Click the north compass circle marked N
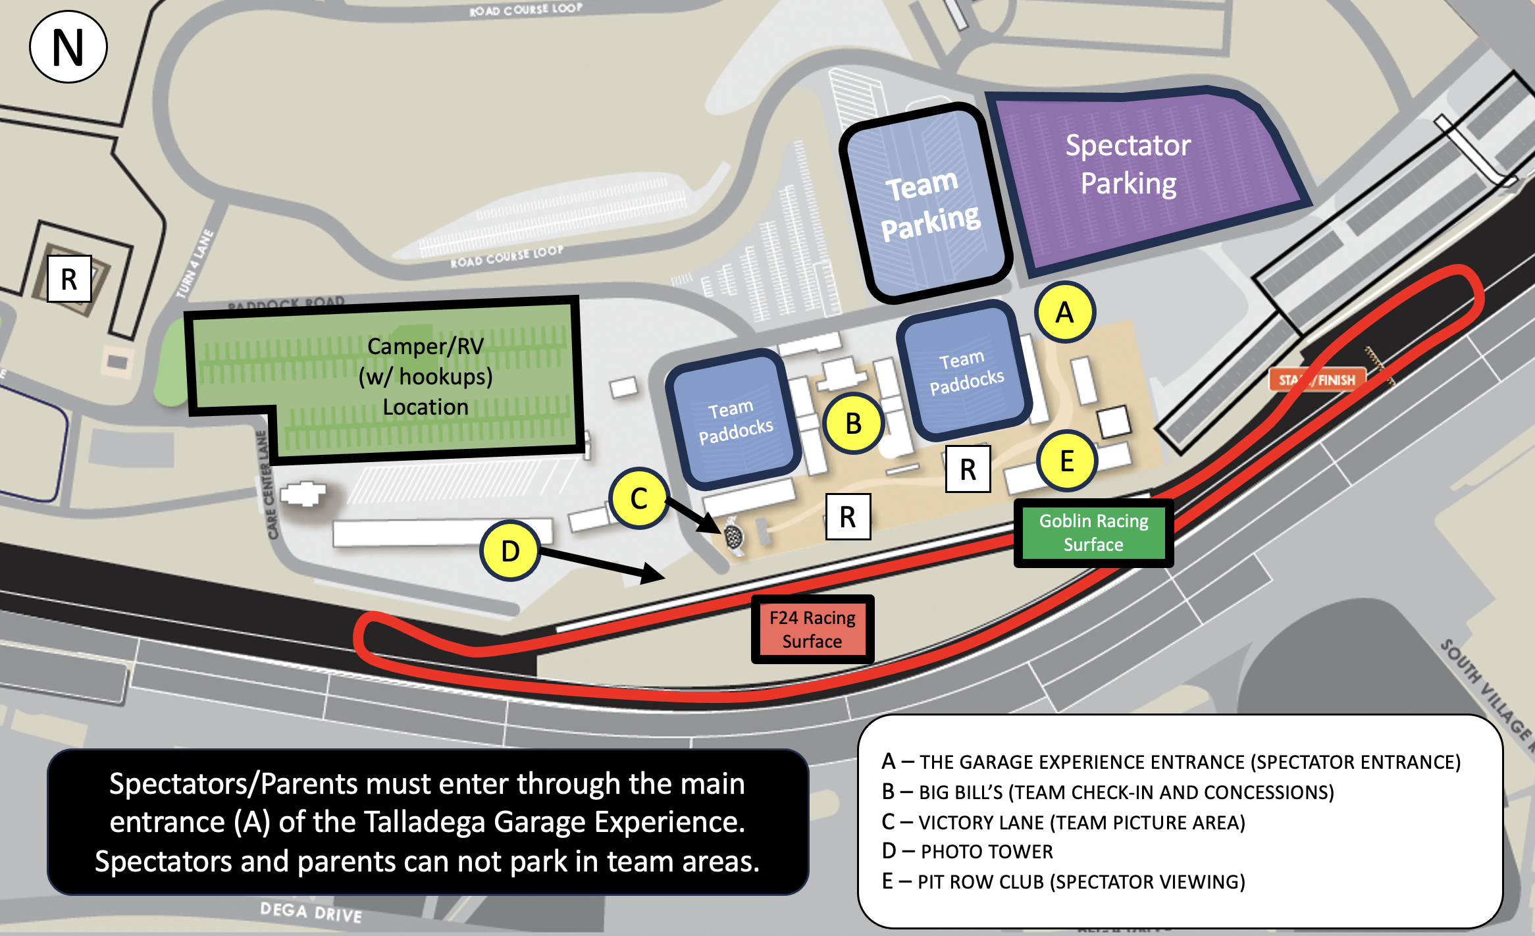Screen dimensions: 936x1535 tap(68, 47)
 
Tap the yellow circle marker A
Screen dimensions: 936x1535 tap(1064, 312)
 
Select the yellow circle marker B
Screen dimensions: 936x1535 tap(853, 423)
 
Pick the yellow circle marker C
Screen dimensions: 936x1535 tap(638, 498)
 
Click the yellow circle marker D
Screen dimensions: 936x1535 tap(510, 551)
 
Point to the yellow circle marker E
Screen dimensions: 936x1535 tap(1067, 461)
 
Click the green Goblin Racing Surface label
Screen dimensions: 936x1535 tap(1093, 533)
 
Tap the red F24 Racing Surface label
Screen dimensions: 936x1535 tap(812, 629)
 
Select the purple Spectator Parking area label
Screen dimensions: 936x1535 tap(1128, 164)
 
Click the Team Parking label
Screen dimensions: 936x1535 tap(929, 205)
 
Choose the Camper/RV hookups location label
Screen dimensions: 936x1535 tap(425, 377)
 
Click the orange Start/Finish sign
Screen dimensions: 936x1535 tap(1316, 380)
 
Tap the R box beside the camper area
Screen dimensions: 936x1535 tap(69, 279)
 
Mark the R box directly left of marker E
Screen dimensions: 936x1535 tap(968, 469)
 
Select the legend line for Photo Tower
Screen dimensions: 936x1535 tap(967, 851)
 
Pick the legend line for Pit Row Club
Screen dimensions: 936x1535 tap(1063, 881)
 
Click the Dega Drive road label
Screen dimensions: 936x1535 tap(311, 912)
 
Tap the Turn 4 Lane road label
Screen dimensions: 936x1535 tap(195, 263)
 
